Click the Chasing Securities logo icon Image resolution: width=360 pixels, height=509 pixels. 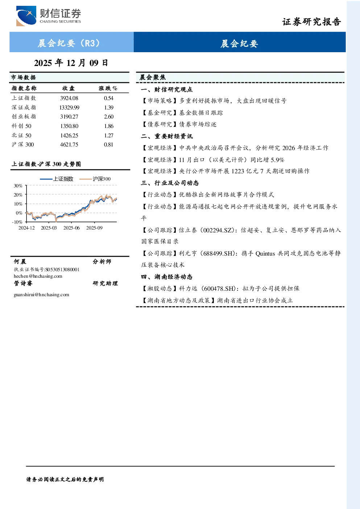pyautogui.click(x=26, y=16)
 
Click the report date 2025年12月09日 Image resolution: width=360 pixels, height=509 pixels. pyautogui.click(x=71, y=63)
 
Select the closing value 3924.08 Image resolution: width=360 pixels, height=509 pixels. pyautogui.click(x=69, y=98)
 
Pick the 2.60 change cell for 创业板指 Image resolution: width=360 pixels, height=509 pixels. pyautogui.click(x=109, y=117)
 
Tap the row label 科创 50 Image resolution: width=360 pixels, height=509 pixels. pyautogui.click(x=22, y=126)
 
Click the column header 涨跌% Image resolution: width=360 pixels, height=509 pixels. pyautogui.click(x=108, y=88)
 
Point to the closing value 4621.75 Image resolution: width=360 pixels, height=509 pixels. pyautogui.click(x=69, y=145)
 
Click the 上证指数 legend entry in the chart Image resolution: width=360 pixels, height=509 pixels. pyautogui.click(x=57, y=179)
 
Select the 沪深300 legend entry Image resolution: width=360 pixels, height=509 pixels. pyautogui.click(x=95, y=179)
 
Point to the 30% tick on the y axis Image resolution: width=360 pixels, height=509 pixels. pyautogui.click(x=18, y=186)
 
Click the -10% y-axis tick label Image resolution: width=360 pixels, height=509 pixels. pyautogui.click(x=17, y=222)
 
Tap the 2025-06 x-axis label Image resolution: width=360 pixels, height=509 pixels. pyautogui.click(x=71, y=228)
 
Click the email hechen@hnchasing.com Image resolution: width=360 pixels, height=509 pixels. pyautogui.click(x=38, y=276)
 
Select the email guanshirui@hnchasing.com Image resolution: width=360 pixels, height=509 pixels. pyautogui.click(x=41, y=295)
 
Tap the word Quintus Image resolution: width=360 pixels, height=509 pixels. pyautogui.click(x=265, y=253)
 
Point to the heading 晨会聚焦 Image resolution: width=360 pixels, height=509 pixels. pyautogui.click(x=153, y=77)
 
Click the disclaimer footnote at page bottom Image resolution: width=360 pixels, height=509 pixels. pyautogui.click(x=65, y=480)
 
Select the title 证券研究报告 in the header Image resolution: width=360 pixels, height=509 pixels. pyautogui.click(x=311, y=22)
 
